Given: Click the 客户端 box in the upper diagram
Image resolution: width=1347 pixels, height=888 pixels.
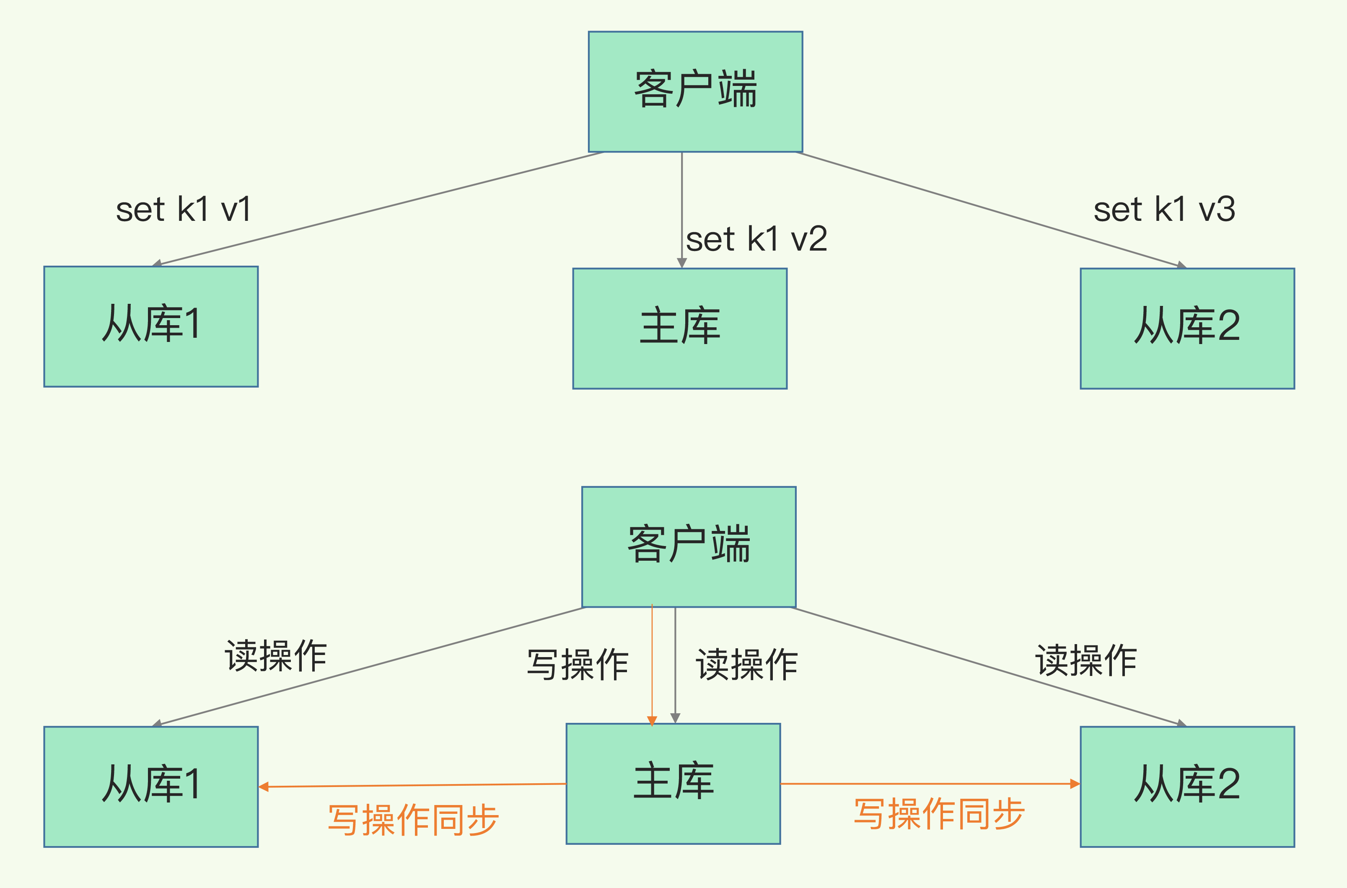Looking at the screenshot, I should (695, 92).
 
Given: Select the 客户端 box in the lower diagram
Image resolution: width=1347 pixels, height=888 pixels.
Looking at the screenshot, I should (689, 546).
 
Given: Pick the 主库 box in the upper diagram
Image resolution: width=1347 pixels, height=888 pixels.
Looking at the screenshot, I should (679, 329).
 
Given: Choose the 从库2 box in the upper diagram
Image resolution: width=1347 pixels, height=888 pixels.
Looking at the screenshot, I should (1187, 329).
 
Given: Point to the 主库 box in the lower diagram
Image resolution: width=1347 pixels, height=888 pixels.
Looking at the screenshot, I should (673, 784).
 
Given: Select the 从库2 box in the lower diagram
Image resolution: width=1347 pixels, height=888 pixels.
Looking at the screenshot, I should (1187, 787).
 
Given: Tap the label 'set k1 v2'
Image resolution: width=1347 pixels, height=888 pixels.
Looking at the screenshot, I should (756, 239).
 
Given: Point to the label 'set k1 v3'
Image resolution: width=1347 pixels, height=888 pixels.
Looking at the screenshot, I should (1164, 210).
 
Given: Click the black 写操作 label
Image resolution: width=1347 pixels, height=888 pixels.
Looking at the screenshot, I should (578, 664).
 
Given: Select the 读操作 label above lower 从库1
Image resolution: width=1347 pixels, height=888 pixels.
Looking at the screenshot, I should (276, 656).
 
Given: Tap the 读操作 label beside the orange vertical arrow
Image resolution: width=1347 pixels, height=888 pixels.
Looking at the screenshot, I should (746, 664).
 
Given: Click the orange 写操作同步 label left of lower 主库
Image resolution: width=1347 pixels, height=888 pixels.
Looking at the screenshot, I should (413, 819).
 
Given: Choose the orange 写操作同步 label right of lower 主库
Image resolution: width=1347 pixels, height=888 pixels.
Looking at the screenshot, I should (939, 814).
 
